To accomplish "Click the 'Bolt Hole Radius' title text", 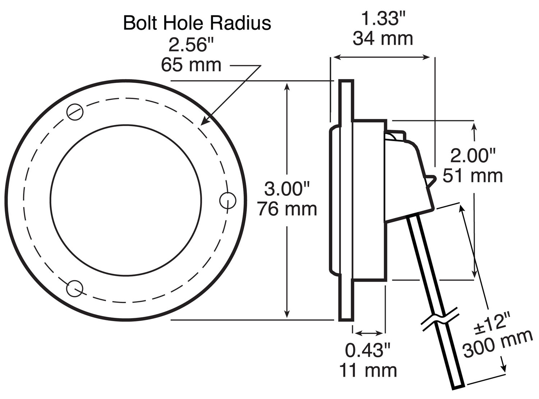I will pos(197,23).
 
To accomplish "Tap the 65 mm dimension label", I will pos(191,65).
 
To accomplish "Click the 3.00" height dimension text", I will pos(287,189).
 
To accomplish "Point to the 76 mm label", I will pos(287,209).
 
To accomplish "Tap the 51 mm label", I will pos(473,176).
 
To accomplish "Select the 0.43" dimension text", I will pos(368,350).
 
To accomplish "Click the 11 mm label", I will pos(368,370).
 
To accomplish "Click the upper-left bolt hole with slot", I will pos(75,112).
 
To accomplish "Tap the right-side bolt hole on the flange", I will pos(227,200).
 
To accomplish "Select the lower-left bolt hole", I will pos(75,288).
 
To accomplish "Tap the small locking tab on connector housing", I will pos(431,179).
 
